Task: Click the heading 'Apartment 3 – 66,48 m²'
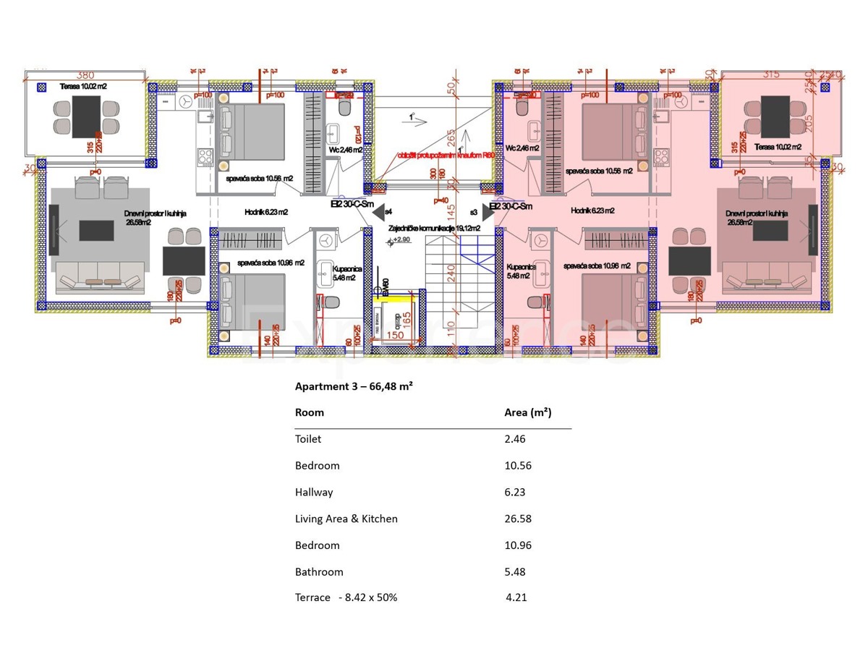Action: pyautogui.click(x=354, y=386)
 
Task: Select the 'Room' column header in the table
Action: pyautogui.click(x=310, y=412)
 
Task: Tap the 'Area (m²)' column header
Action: pyautogui.click(x=527, y=412)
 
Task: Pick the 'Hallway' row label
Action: pyautogui.click(x=314, y=492)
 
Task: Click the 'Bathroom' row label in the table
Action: pyautogui.click(x=319, y=571)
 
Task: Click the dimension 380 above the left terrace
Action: pyautogui.click(x=85, y=75)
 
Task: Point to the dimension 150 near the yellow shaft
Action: pyautogui.click(x=395, y=335)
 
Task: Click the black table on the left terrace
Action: pyautogui.click(x=85, y=116)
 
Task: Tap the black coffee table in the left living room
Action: pyautogui.click(x=96, y=231)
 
